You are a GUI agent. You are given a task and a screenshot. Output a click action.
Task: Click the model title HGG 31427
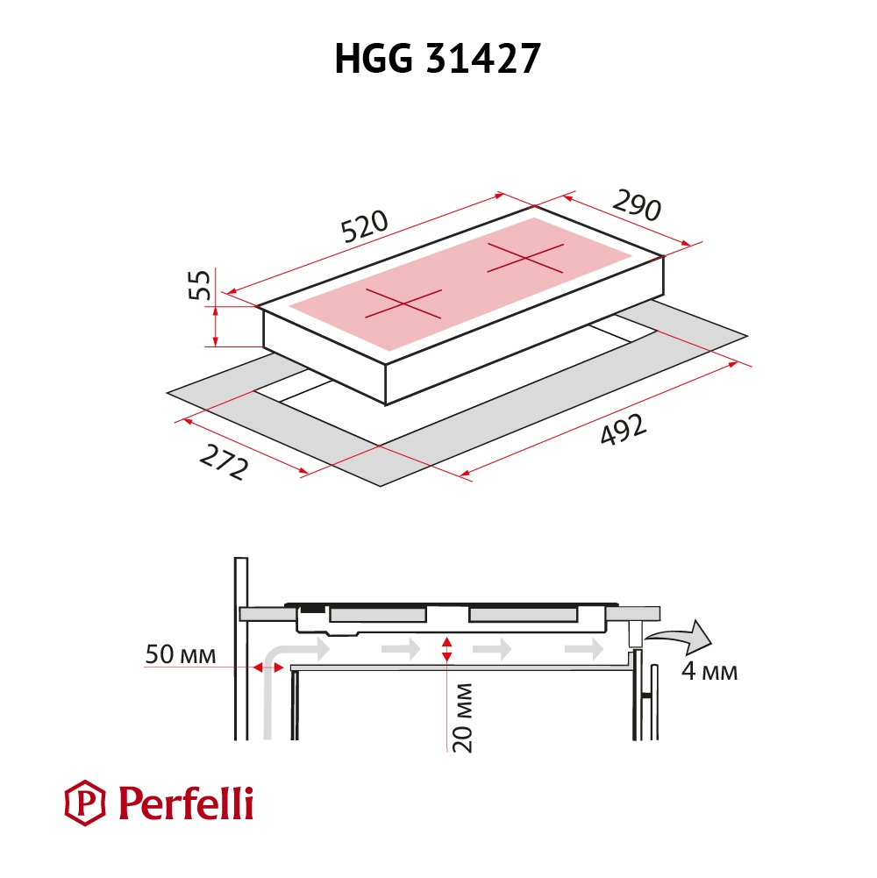click(x=438, y=58)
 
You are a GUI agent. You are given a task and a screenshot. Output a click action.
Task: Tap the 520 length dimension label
click(x=364, y=226)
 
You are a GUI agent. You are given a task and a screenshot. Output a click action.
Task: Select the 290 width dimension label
click(x=638, y=205)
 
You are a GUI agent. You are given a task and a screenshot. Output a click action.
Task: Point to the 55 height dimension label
click(x=200, y=285)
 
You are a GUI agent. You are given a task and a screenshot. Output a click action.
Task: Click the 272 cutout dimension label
click(x=224, y=462)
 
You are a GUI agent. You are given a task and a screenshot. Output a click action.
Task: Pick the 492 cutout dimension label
click(x=624, y=430)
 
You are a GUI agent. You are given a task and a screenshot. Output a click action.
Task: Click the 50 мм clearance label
click(x=181, y=654)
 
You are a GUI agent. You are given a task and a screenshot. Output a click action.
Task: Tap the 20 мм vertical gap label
click(x=463, y=717)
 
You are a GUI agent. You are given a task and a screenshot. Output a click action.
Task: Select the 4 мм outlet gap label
click(x=709, y=671)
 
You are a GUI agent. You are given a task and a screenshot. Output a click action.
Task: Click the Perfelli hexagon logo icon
click(x=84, y=803)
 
